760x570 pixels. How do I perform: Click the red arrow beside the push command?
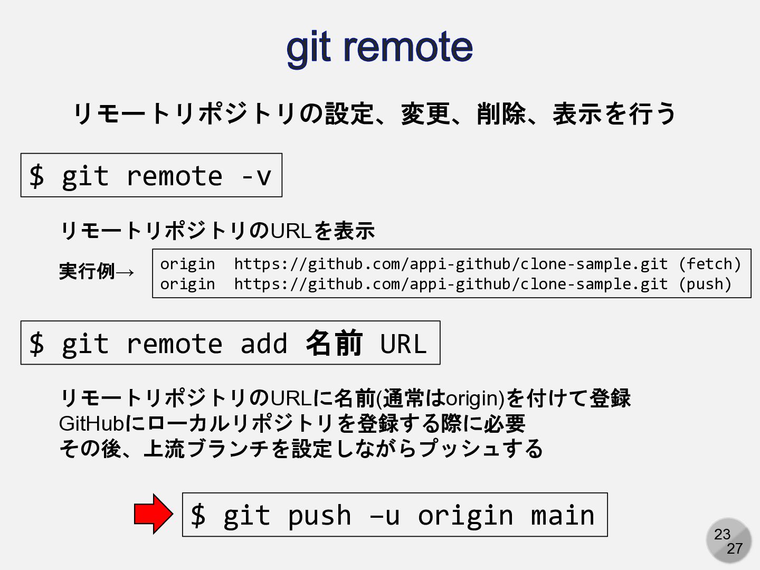(x=153, y=514)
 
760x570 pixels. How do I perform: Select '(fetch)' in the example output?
(x=709, y=263)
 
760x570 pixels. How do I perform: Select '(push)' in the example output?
(x=705, y=284)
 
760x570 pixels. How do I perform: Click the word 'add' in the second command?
(x=264, y=344)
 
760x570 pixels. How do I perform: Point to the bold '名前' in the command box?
(x=334, y=343)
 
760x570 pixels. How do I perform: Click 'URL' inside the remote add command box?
(x=403, y=344)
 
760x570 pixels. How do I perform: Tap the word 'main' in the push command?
(x=563, y=515)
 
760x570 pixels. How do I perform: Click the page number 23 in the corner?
(x=722, y=534)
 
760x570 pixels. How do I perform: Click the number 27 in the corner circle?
(x=734, y=549)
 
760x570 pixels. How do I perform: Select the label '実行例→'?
(x=97, y=271)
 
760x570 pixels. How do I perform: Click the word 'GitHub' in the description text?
(x=91, y=423)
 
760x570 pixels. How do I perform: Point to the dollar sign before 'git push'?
(x=198, y=515)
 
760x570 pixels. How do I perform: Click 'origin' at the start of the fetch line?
(x=187, y=263)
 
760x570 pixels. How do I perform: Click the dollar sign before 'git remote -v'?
(x=36, y=176)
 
